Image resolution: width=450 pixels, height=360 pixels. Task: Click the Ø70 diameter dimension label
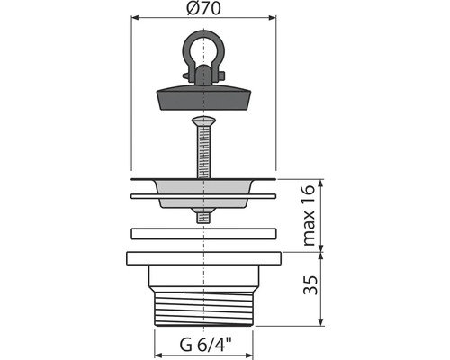click(203, 8)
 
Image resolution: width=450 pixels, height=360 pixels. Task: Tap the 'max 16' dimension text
click(309, 215)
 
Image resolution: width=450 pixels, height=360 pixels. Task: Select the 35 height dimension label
click(310, 285)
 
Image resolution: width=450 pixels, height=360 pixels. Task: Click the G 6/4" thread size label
click(206, 345)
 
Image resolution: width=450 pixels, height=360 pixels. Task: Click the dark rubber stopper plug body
click(203, 98)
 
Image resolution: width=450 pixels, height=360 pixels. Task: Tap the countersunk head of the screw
click(203, 121)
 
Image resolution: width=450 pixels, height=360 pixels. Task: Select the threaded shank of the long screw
click(203, 151)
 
